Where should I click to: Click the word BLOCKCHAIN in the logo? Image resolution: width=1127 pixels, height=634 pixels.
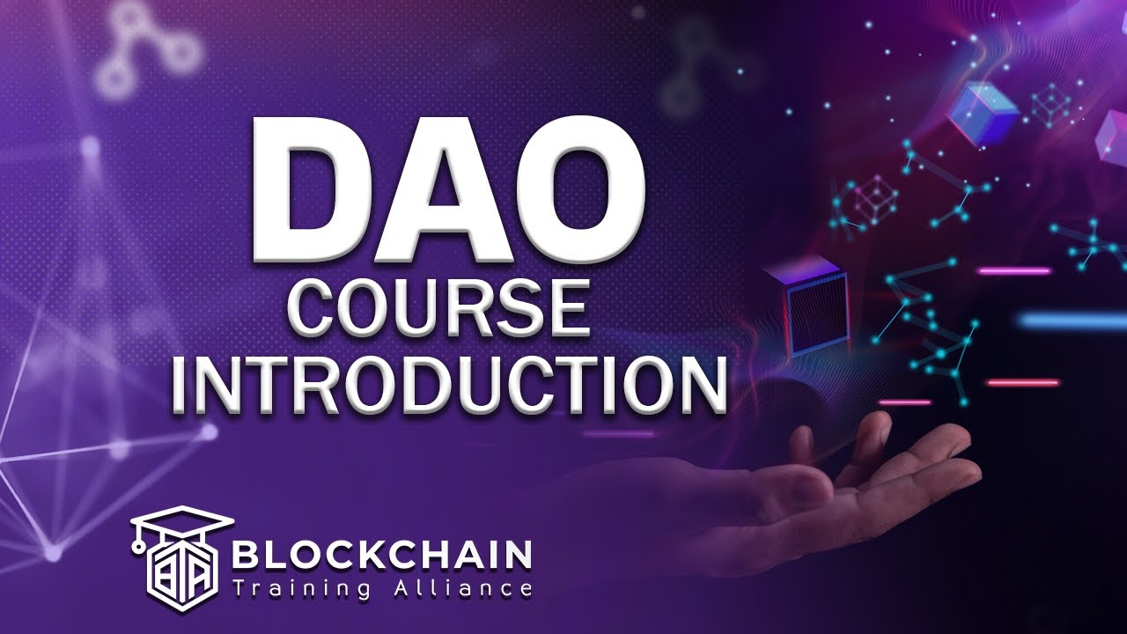381,556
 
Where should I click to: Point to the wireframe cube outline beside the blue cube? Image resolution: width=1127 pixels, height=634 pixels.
1051,106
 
